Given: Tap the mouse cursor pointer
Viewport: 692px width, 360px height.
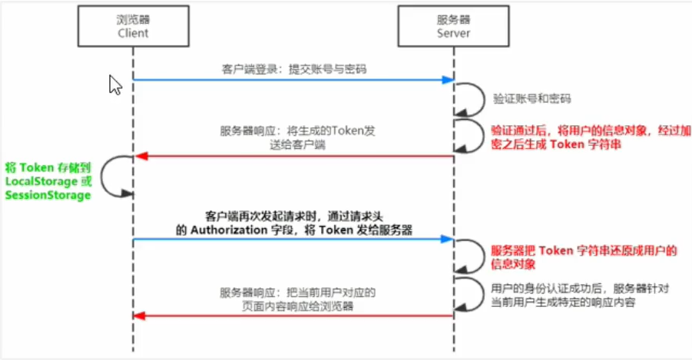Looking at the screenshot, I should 114,84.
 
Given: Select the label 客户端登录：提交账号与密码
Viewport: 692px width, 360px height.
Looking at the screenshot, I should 293,69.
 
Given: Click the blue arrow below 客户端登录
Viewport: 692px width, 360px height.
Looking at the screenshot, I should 292,80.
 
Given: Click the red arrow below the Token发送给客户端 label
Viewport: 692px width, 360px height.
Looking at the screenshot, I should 292,156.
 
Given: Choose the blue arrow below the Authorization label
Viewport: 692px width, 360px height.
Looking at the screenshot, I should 292,240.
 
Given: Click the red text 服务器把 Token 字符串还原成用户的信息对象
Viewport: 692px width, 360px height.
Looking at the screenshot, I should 583,256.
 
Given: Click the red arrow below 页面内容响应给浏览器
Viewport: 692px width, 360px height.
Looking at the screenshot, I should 292,315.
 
